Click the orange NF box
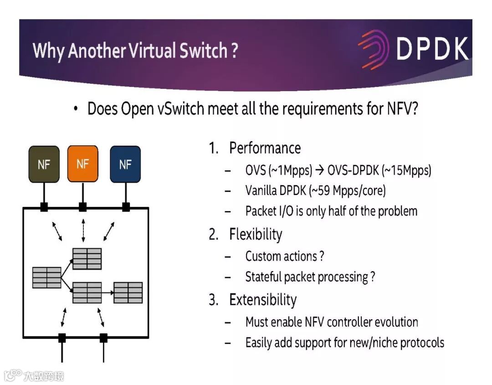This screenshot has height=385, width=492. pyautogui.click(x=82, y=164)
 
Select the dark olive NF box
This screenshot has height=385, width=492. pyautogui.click(x=44, y=164)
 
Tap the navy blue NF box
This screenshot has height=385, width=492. pyautogui.click(x=125, y=164)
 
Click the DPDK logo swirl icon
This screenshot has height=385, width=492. pyautogui.click(x=373, y=49)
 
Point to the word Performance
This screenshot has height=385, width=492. pyautogui.click(x=265, y=148)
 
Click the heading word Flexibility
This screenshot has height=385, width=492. pyautogui.click(x=256, y=234)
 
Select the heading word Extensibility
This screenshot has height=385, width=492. pyautogui.click(x=263, y=300)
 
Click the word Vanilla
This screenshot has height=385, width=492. pyautogui.click(x=261, y=190)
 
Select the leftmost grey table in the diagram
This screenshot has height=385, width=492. pyautogui.click(x=46, y=277)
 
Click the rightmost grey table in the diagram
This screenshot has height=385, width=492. pyautogui.click(x=128, y=293)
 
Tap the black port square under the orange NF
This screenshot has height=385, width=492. pyautogui.click(x=82, y=207)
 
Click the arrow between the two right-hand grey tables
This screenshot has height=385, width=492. pyautogui.click(x=108, y=293)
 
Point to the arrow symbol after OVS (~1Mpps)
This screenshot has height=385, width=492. pyautogui.click(x=319, y=170)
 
